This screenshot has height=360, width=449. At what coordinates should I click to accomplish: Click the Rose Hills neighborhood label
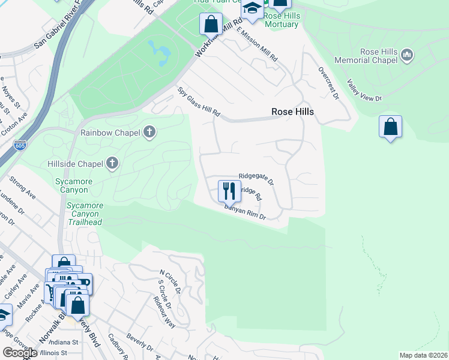click(292, 112)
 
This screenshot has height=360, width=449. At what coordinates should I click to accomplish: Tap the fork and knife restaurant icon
click(228, 191)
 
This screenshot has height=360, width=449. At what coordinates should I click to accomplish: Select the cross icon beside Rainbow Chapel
click(149, 132)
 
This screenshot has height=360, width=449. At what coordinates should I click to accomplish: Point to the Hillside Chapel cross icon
click(111, 163)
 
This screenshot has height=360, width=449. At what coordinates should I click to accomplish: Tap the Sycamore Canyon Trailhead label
click(84, 214)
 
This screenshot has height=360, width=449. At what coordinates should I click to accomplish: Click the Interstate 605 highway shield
click(19, 145)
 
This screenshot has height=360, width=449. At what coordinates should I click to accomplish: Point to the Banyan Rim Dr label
click(245, 213)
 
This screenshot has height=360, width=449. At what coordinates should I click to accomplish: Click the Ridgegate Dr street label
click(256, 178)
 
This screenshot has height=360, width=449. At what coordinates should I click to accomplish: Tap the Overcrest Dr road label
click(329, 87)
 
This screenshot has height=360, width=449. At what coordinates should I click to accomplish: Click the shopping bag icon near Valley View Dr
click(390, 127)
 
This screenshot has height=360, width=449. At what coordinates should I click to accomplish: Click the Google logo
click(20, 353)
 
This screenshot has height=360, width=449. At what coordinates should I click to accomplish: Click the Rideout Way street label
click(164, 311)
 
